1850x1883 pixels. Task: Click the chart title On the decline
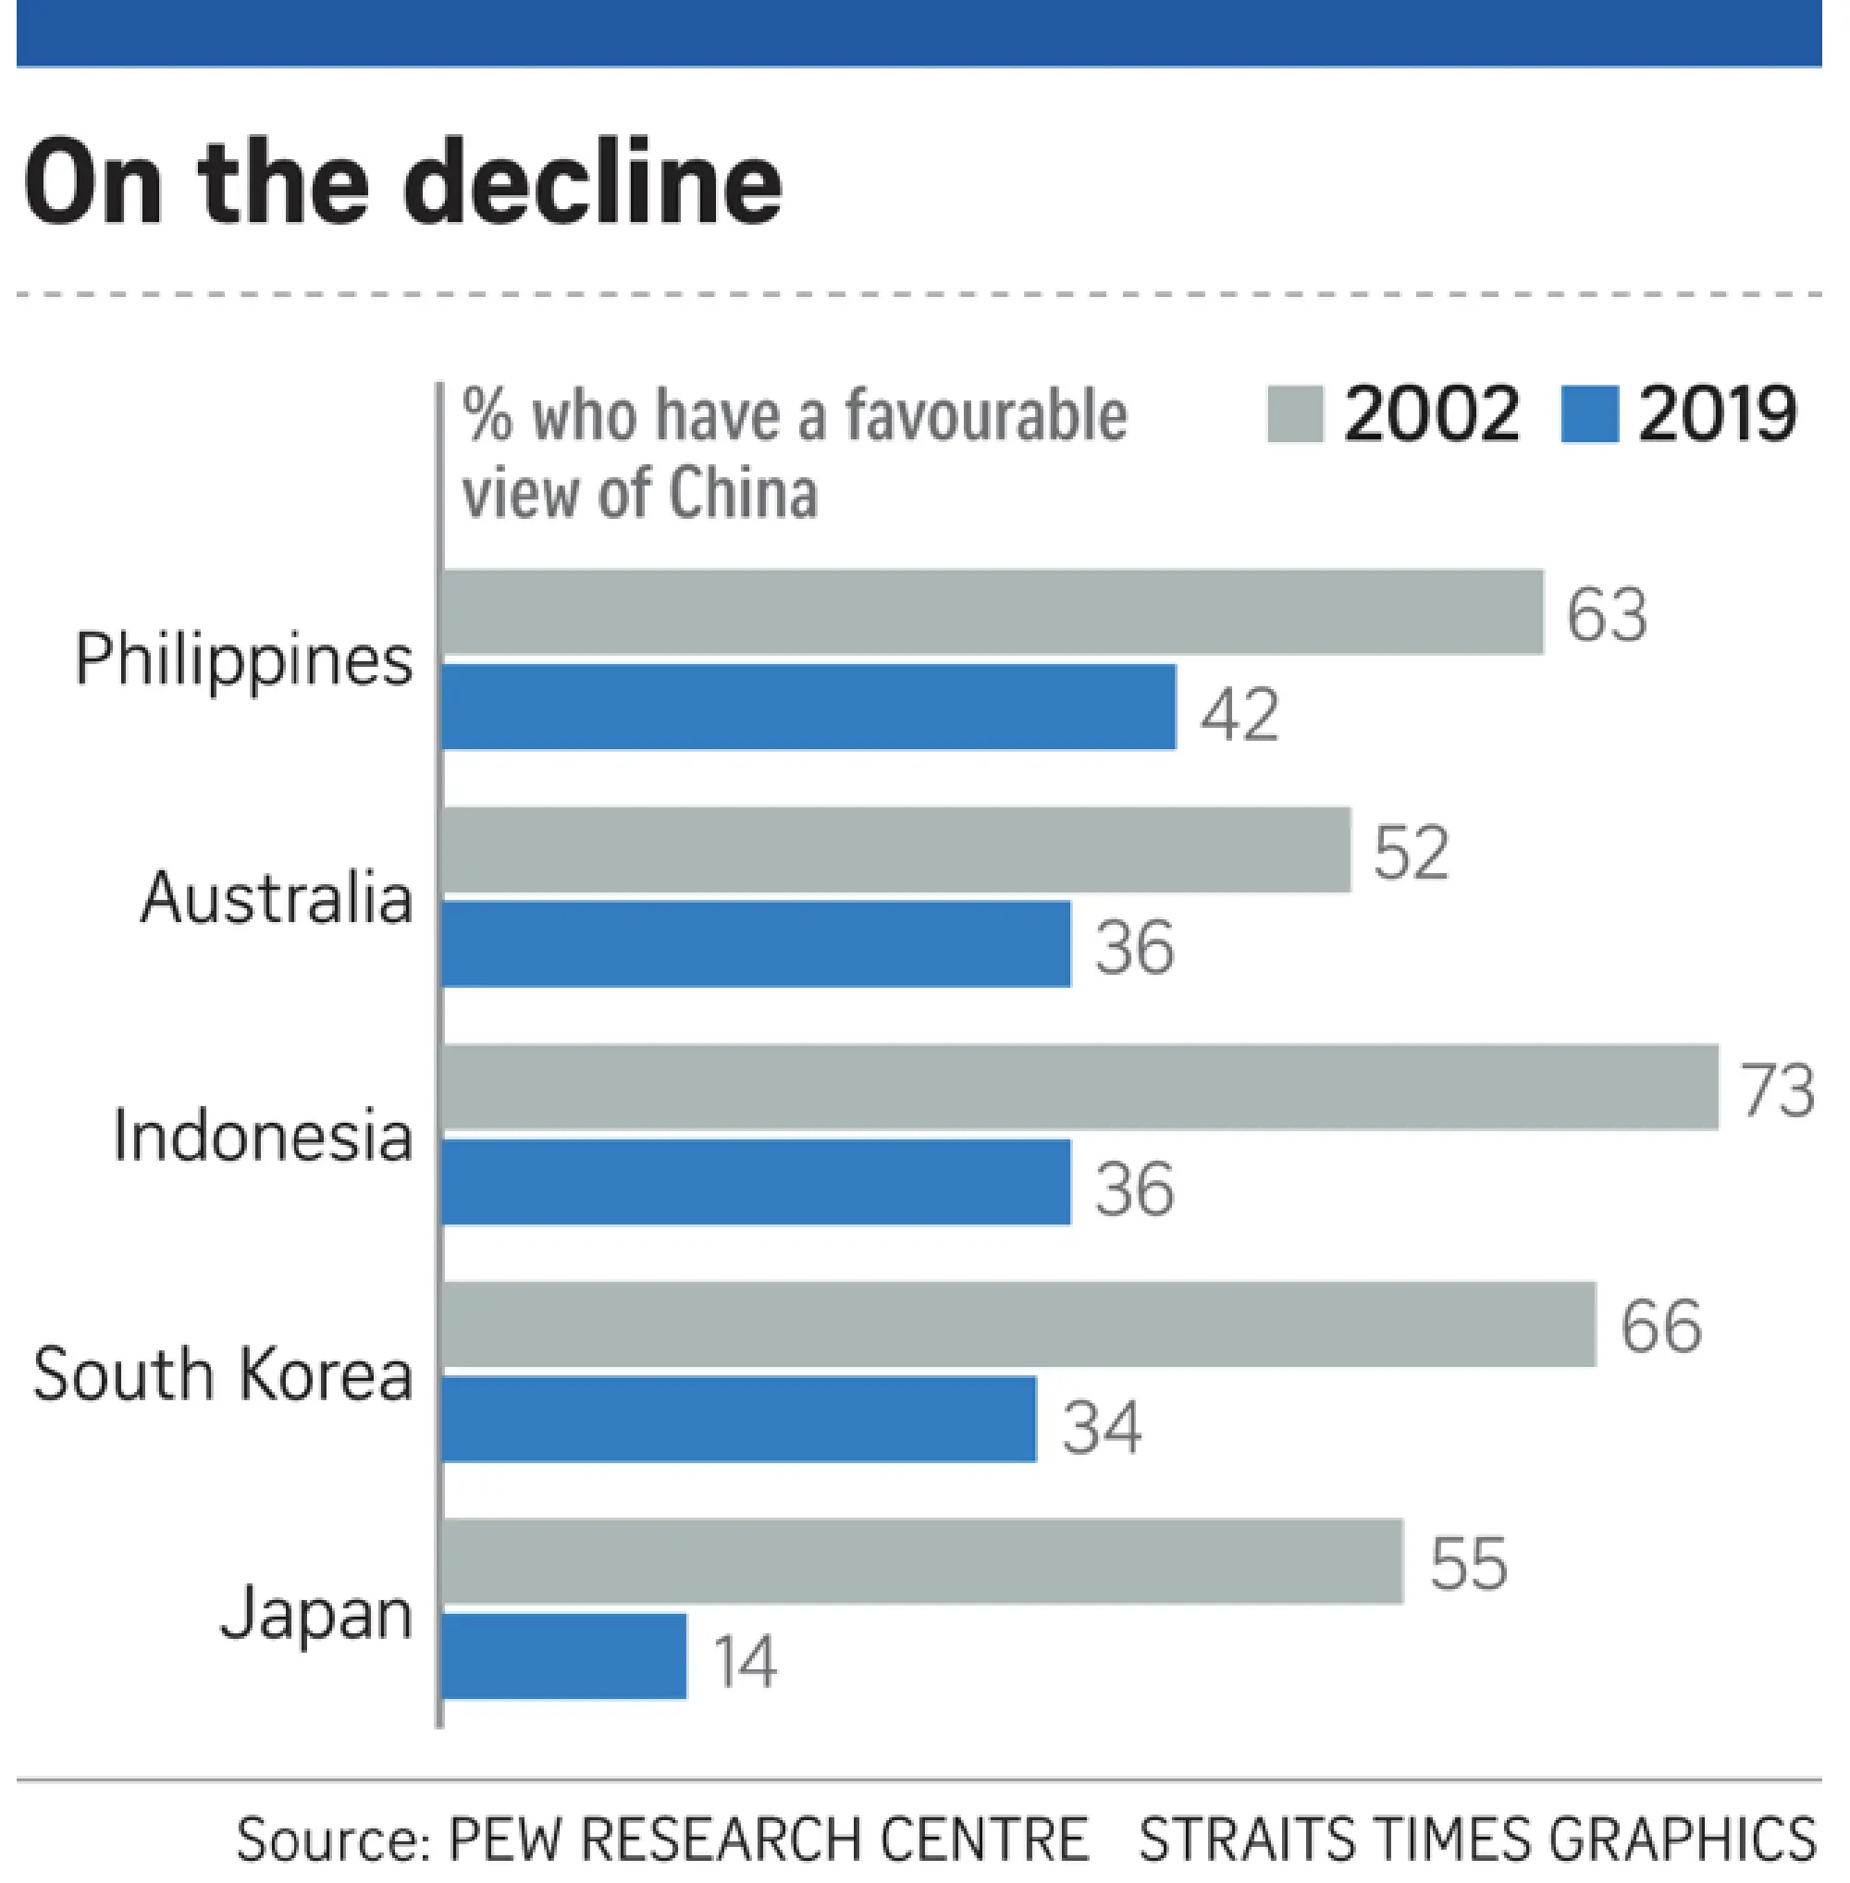pyautogui.click(x=402, y=183)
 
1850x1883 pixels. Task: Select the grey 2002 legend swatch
pyautogui.click(x=1294, y=415)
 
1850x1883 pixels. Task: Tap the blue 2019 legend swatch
pyautogui.click(x=1588, y=415)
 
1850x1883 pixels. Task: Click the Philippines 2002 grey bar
pyautogui.click(x=991, y=612)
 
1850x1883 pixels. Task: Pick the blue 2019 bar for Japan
pyautogui.click(x=564, y=1656)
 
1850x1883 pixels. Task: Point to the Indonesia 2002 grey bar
pyautogui.click(x=1079, y=1088)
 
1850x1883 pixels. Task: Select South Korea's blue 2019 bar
pyautogui.click(x=738, y=1419)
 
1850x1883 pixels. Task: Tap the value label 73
pyautogui.click(x=1777, y=1090)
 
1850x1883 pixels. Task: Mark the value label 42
pyautogui.click(x=1239, y=714)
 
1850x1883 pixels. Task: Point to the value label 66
pyautogui.click(x=1660, y=1326)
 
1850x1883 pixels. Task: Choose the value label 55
pyautogui.click(x=1468, y=1564)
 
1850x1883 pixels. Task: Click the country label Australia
pyautogui.click(x=277, y=897)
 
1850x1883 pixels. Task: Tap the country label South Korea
pyautogui.click(x=224, y=1374)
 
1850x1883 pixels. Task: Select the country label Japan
pyautogui.click(x=315, y=1613)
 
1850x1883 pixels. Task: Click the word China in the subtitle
pyautogui.click(x=744, y=493)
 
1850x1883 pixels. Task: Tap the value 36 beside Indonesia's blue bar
pyautogui.click(x=1134, y=1188)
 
